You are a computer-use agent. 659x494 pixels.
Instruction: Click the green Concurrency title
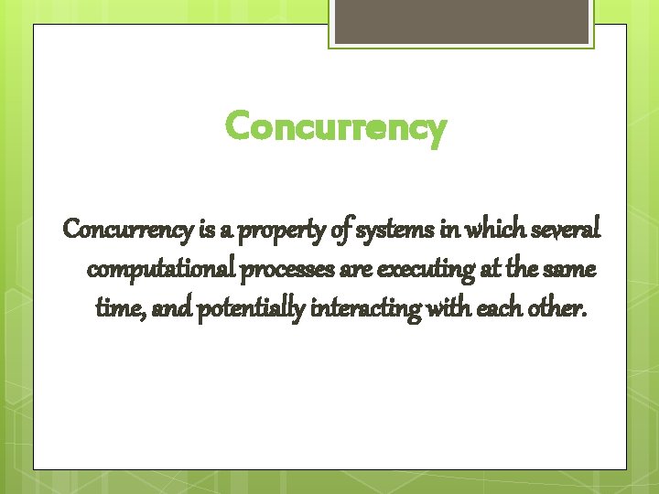[336, 128]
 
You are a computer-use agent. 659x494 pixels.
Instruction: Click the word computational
[163, 271]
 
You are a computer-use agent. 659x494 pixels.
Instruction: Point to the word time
[117, 311]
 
